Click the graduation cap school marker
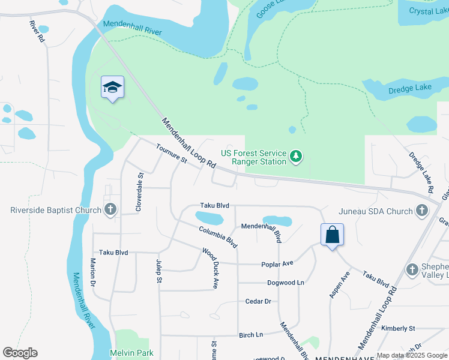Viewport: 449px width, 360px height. [x=113, y=88]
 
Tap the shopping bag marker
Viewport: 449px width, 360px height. [x=332, y=235]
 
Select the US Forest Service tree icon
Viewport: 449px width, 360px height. [x=295, y=157]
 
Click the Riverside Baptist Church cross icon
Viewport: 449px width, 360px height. [x=110, y=210]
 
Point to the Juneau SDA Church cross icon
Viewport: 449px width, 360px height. [x=421, y=211]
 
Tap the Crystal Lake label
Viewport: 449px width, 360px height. [x=429, y=11]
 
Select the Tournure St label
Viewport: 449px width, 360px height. [x=172, y=153]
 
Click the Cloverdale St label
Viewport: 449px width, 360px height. [x=140, y=193]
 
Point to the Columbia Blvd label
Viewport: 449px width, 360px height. [x=218, y=237]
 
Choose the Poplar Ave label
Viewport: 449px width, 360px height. [x=277, y=263]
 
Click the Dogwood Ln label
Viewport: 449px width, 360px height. [x=286, y=283]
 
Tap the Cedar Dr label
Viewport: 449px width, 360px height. [x=259, y=301]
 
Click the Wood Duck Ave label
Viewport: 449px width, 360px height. [x=209, y=269]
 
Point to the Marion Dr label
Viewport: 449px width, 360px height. [x=93, y=272]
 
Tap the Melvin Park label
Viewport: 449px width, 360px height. [x=132, y=353]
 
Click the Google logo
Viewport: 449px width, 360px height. [x=20, y=353]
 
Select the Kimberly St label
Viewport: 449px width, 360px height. [x=398, y=328]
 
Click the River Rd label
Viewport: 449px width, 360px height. [x=37, y=31]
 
